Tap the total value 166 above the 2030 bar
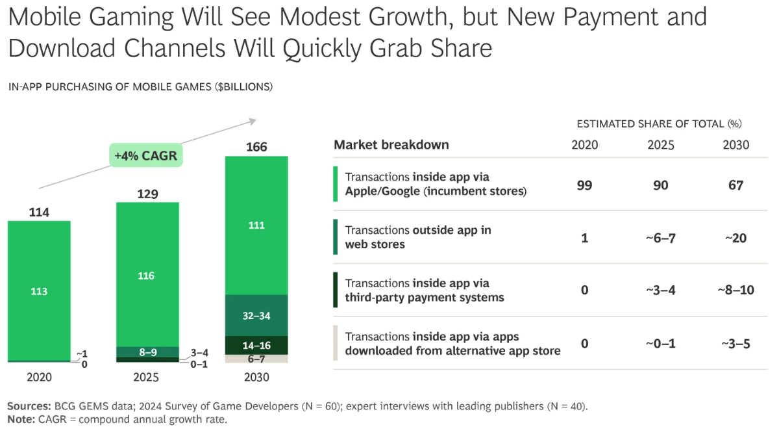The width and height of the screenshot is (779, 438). coord(256,147)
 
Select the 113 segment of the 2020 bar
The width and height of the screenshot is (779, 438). coord(39,291)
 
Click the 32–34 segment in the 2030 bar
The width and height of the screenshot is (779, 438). coord(256,316)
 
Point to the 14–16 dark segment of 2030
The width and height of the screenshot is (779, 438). coord(256,345)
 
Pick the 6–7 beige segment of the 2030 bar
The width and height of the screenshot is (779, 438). coord(256,359)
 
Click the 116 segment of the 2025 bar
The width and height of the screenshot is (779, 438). coord(147,276)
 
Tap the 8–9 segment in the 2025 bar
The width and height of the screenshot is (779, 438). coord(147,352)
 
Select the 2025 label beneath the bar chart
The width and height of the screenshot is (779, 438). coord(147,378)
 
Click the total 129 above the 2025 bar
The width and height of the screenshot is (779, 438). coord(147,194)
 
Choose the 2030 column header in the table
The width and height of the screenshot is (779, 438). coord(736,145)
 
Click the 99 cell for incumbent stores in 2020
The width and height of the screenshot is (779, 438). coord(584,185)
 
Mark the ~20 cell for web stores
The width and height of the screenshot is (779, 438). coord(736,238)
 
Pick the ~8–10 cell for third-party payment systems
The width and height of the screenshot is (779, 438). coord(736,290)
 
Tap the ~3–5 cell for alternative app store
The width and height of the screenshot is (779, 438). coord(736,344)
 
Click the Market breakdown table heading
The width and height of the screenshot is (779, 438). coord(391,145)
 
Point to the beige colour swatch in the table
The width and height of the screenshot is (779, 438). coord(336,343)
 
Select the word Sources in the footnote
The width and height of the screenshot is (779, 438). coord(29,406)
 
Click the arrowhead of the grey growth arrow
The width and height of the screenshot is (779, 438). coord(253,120)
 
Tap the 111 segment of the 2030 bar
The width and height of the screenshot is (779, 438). coord(256,225)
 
